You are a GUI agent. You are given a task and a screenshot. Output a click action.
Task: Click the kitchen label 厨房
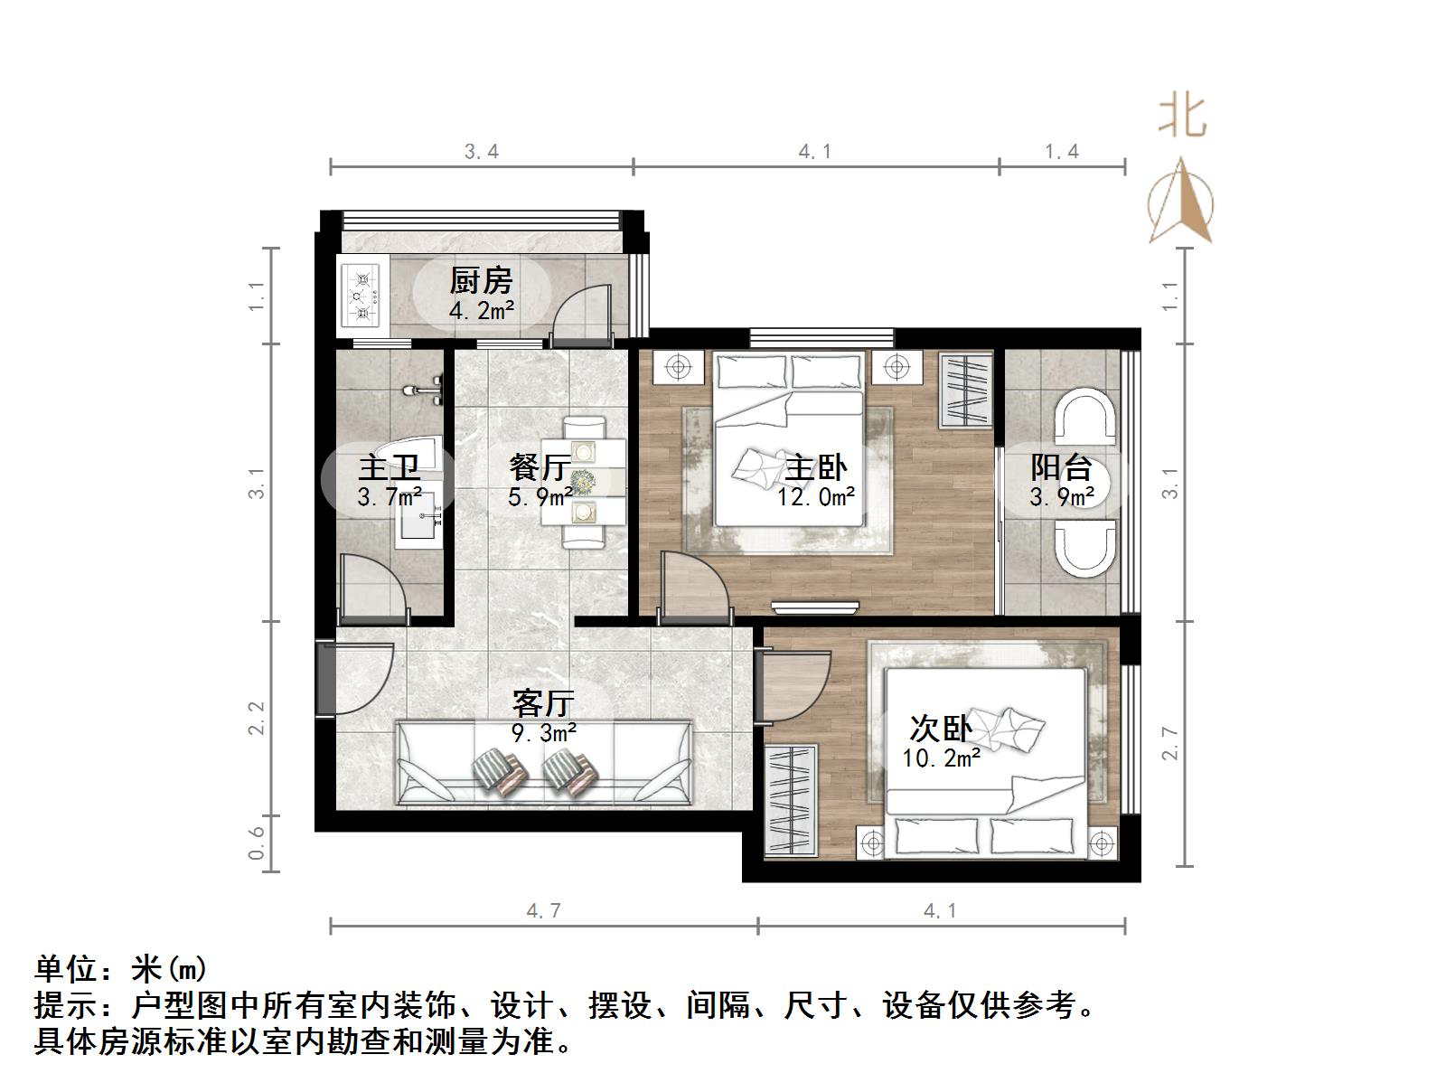point(481,280)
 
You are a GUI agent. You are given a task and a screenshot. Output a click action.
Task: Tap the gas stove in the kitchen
point(361,294)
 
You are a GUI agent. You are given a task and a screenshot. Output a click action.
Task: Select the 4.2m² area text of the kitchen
point(482,311)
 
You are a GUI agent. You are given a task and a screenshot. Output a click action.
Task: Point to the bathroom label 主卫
point(390,467)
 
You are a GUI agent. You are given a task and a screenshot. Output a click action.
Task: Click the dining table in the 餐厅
point(584,481)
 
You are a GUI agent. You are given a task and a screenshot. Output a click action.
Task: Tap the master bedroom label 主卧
point(816,467)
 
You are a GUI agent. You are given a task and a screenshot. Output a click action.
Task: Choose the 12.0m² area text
point(816,495)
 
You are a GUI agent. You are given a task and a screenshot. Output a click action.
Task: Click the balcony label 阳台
point(1062,467)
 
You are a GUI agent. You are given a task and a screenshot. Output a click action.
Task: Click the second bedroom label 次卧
point(941,728)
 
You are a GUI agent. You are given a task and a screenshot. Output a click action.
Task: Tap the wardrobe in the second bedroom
point(792,798)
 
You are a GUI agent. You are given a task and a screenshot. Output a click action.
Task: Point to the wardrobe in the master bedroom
point(966,391)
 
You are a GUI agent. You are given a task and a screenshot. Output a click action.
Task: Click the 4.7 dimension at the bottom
point(544,910)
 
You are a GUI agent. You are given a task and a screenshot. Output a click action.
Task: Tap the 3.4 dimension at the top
point(482,151)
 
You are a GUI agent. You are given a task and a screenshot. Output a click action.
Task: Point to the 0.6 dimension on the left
point(257,843)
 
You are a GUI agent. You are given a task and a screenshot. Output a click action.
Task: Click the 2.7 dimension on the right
point(1171,743)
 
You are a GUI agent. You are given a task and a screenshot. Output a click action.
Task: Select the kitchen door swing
point(578,312)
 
